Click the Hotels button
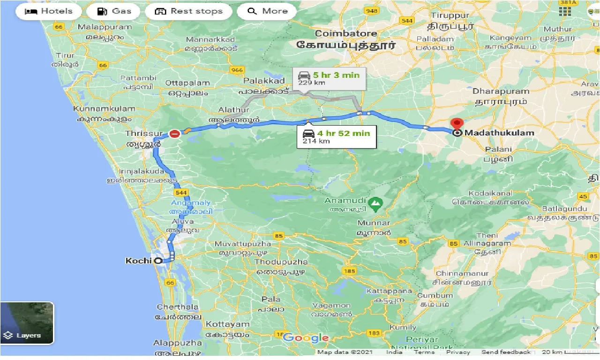pos(48,11)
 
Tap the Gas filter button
pos(115,11)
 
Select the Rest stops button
pos(188,11)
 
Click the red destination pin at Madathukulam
pos(457,124)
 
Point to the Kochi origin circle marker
pos(158,261)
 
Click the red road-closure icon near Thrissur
pos(174,134)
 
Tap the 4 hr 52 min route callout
pos(336,136)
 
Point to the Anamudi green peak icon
pos(375,203)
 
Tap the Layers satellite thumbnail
pos(27,322)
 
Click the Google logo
pos(306,337)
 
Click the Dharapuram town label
pos(501,91)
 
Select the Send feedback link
pos(505,352)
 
